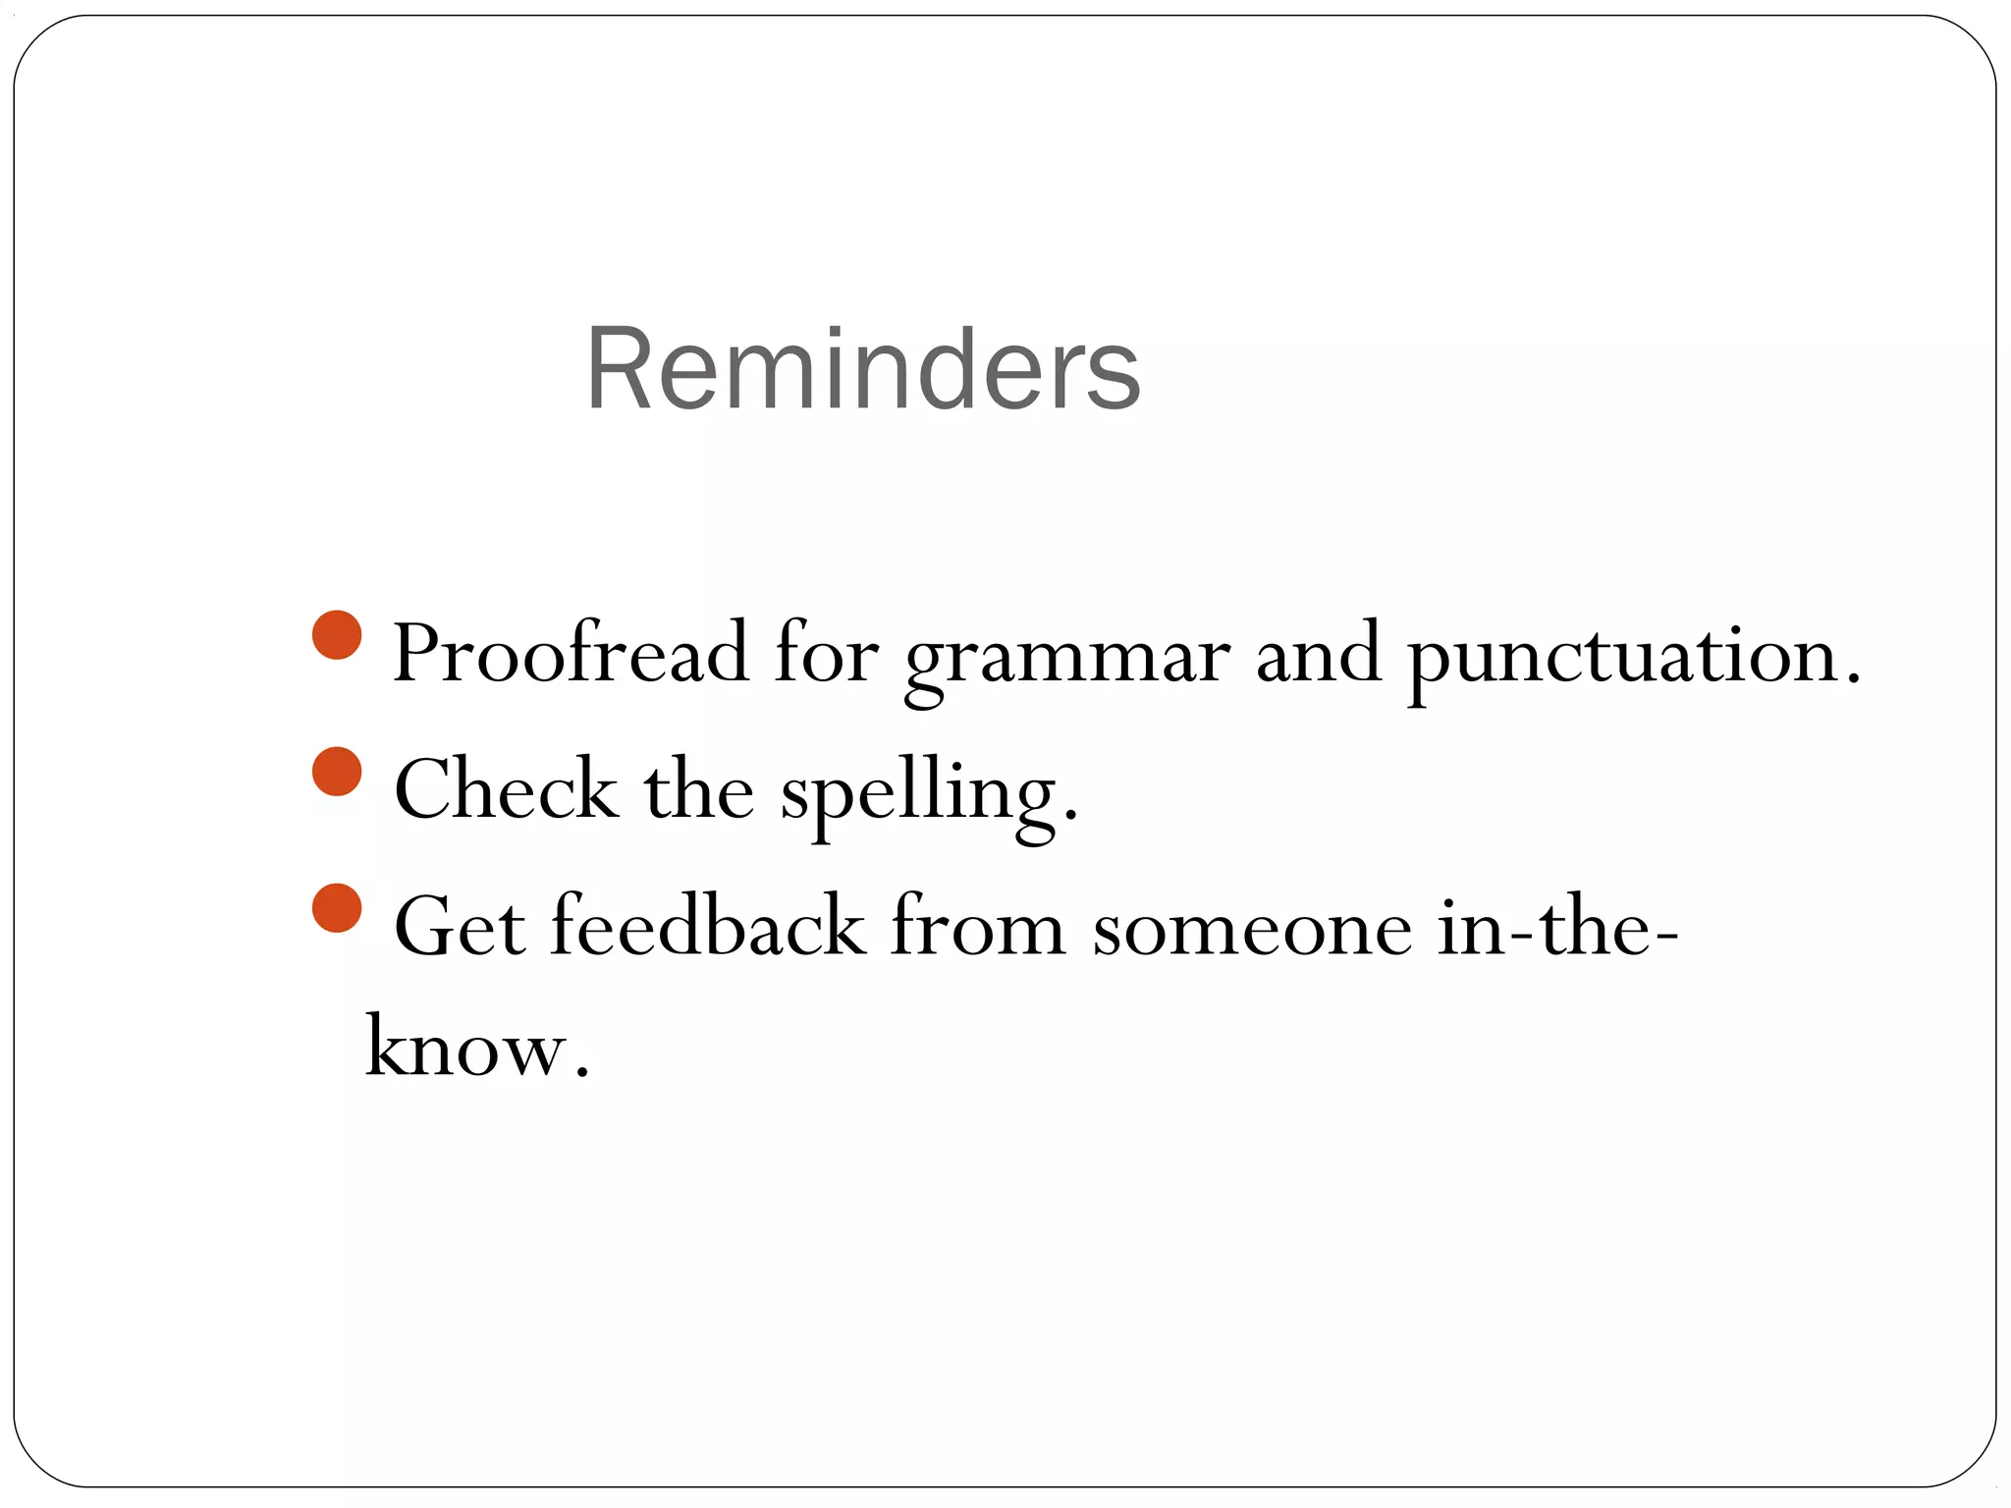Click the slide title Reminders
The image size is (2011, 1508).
point(862,370)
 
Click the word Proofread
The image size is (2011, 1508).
point(571,654)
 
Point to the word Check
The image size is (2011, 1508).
point(506,789)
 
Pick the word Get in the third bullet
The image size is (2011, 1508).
point(460,927)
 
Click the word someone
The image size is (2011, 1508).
point(1252,929)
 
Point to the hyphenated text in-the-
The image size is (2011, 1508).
point(1557,927)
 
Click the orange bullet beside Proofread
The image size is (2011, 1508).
point(337,635)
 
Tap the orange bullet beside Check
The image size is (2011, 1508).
point(337,771)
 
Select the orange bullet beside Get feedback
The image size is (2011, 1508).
point(337,908)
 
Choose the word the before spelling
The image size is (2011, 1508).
point(698,789)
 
